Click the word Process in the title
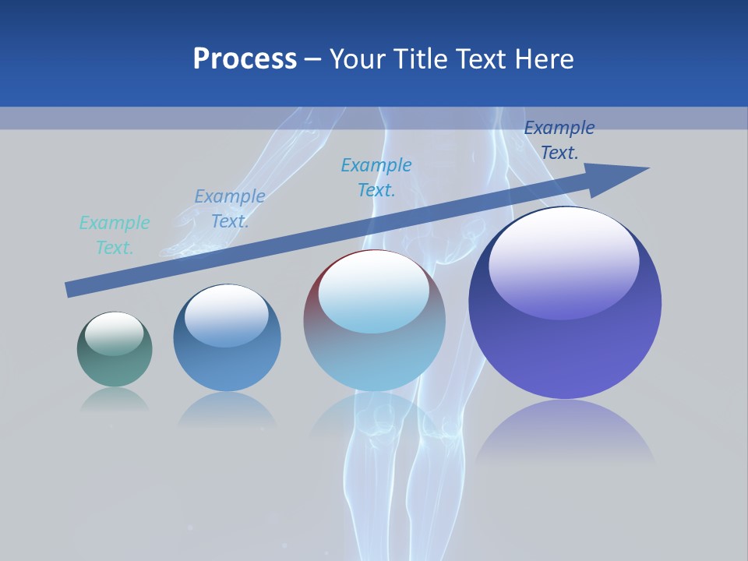245,59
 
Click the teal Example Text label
115,235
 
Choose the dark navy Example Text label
559,140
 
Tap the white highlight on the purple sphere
563,261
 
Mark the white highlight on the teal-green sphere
115,333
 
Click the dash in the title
313,60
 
